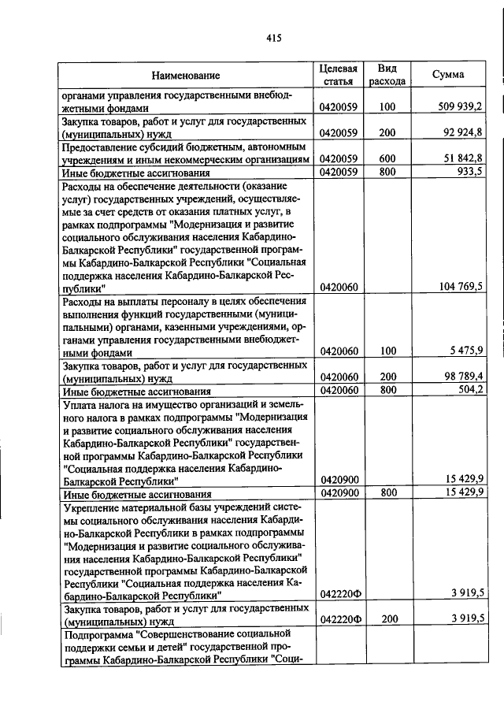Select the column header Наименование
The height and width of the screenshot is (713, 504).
[x=186, y=76]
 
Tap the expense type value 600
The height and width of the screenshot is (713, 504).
[x=387, y=158]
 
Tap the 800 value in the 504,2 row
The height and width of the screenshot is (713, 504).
[x=387, y=389]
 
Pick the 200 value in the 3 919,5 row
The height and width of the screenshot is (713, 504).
[x=387, y=619]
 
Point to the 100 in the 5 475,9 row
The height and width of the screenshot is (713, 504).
[x=387, y=351]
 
